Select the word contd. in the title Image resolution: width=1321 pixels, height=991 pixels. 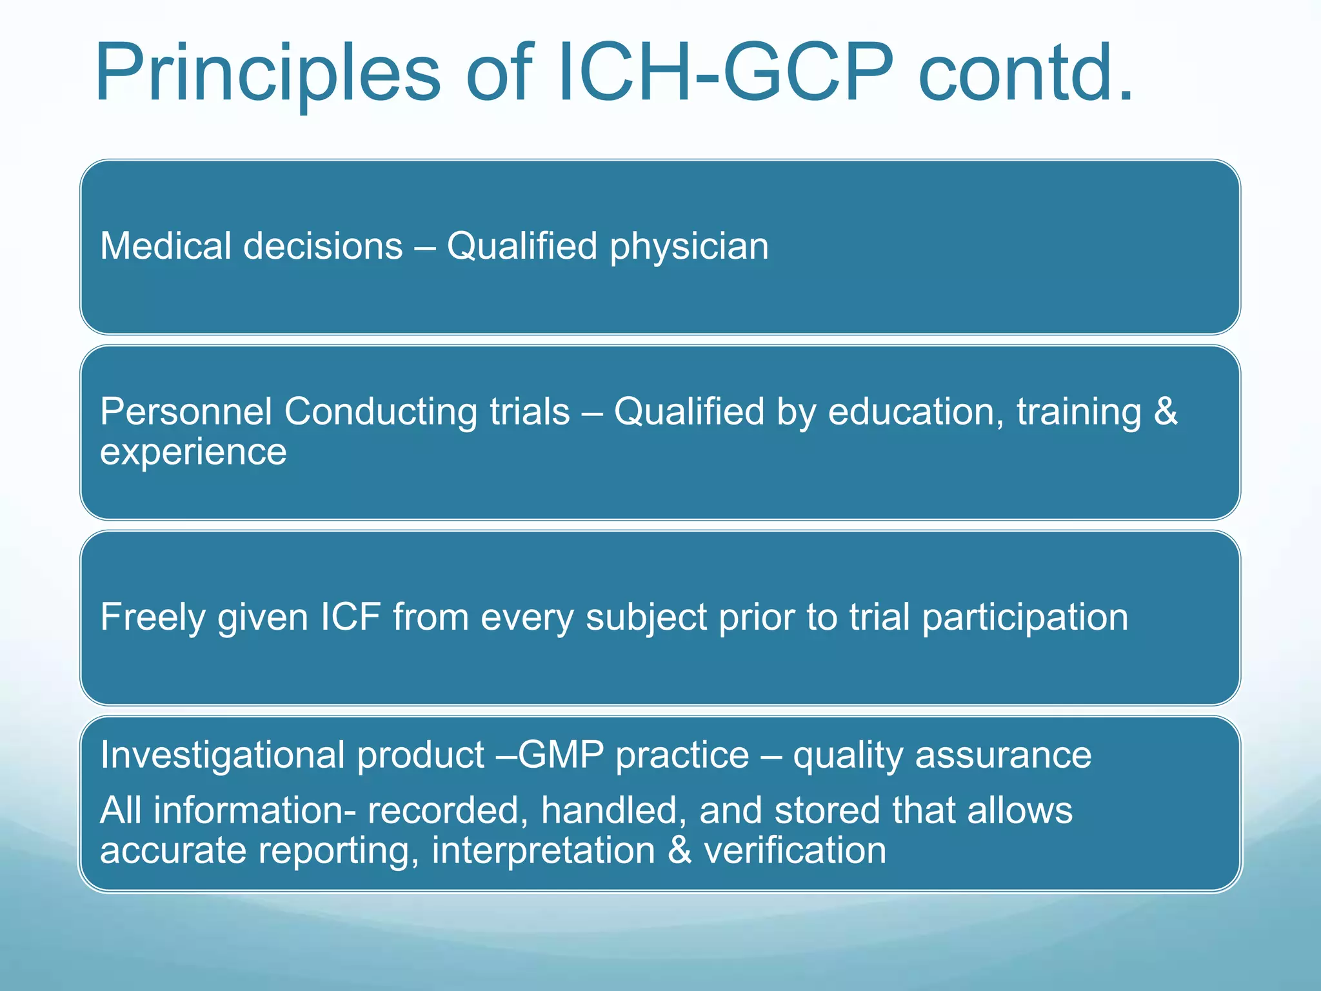[1026, 72]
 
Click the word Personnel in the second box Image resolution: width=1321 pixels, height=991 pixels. [186, 412]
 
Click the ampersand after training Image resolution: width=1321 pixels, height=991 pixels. [1166, 412]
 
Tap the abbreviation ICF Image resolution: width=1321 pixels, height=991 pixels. [350, 617]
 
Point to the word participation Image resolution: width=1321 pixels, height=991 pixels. [1025, 618]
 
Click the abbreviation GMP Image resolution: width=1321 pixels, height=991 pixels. [561, 755]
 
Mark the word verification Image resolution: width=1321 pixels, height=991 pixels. [795, 850]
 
